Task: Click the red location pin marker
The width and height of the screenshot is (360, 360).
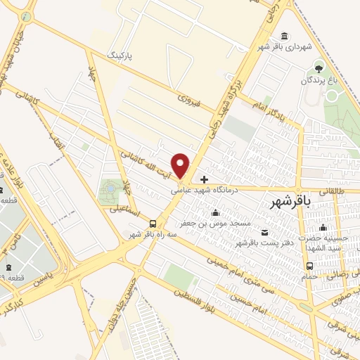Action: coord(181,165)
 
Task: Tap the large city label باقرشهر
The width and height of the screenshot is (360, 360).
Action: coord(290,202)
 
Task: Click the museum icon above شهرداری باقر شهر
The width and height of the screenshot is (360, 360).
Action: coord(283,37)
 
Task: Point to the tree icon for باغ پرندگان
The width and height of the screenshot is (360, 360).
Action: coord(319,68)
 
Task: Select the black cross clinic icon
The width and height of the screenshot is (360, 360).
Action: coord(204,179)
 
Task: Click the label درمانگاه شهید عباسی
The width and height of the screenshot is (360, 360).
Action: coord(207,189)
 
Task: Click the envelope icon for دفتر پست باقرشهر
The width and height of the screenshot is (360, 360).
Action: coord(264,233)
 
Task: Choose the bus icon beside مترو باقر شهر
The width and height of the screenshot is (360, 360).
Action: coord(153,224)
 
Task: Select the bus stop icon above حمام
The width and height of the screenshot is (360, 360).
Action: coord(310,266)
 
